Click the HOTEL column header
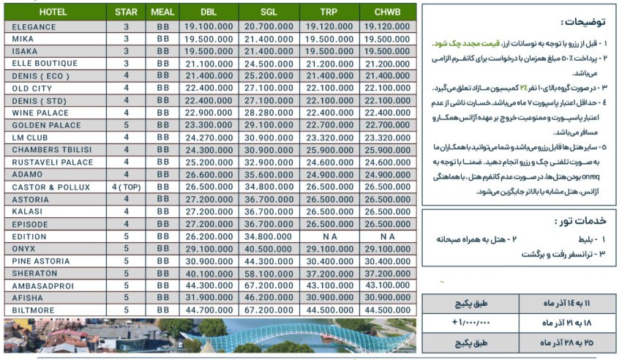pyautogui.click(x=53, y=12)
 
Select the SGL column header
pyautogui.click(x=269, y=12)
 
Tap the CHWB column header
pyautogui.click(x=387, y=12)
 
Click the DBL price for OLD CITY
pyautogui.click(x=209, y=88)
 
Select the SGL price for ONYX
pyautogui.click(x=269, y=249)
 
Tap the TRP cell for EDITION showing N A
pyautogui.click(x=327, y=236)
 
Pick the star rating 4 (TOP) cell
pyautogui.click(x=127, y=187)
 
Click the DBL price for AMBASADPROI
pyautogui.click(x=209, y=285)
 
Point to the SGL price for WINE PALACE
pyautogui.click(x=269, y=113)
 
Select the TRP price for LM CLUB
pyautogui.click(x=327, y=137)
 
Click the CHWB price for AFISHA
pyautogui.click(x=387, y=298)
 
